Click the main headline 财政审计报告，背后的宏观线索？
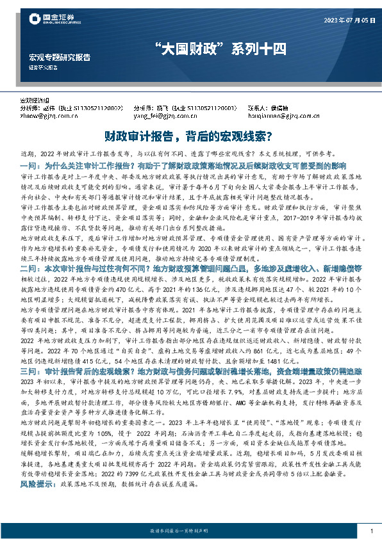point(190,136)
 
